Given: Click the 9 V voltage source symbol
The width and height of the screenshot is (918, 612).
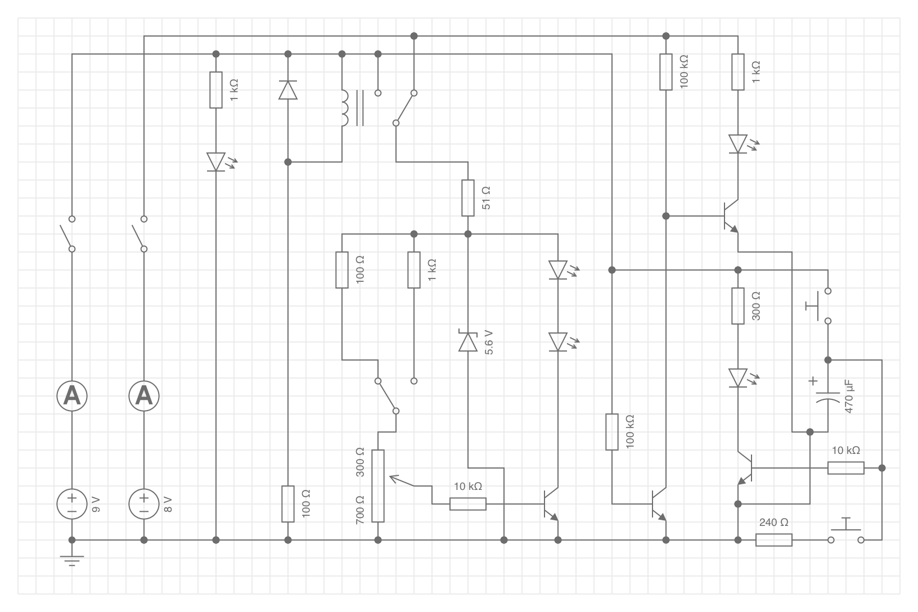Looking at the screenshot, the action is point(72,504).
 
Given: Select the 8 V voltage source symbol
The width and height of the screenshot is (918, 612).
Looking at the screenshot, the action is point(144,504).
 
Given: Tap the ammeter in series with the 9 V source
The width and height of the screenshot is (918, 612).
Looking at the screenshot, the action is point(72,396).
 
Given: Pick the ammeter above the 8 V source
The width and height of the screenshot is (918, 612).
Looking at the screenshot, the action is point(144,396).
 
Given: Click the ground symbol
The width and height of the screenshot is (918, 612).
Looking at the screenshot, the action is point(72,560).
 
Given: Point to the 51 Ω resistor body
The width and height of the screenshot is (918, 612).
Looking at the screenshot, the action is point(467,198).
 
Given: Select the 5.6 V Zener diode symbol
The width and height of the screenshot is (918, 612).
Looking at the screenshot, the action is point(467,340).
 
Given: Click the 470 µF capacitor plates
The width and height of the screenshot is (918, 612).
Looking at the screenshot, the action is point(827,397).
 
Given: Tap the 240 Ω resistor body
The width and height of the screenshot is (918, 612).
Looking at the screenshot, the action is point(774,540).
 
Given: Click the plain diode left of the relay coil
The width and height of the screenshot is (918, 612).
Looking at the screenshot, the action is point(287,90).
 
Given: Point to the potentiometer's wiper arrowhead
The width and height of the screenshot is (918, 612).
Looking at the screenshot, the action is point(394,478).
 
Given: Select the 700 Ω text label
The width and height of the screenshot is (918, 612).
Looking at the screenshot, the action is point(360,510).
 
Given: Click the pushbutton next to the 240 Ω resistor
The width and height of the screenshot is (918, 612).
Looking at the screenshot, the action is point(846,532).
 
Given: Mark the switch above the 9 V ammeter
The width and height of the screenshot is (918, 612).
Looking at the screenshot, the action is point(67,233).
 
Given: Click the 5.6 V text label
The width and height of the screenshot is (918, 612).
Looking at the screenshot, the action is point(489,342).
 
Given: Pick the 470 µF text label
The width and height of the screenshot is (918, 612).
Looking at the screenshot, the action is point(849,397).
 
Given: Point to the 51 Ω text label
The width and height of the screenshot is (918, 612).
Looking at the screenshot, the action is point(486,198).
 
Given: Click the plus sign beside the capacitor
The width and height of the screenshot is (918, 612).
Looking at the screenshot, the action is point(813,381).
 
